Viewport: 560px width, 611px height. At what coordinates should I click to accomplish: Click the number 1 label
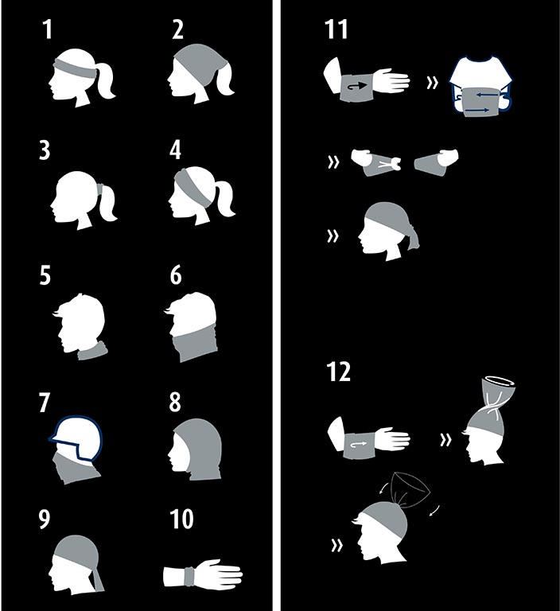47,29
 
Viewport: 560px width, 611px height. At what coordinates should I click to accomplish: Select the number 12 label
338,372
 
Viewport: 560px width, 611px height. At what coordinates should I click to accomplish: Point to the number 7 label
45,402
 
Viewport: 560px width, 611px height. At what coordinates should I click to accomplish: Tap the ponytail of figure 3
108,203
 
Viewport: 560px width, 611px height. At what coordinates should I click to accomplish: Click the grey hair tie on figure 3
100,190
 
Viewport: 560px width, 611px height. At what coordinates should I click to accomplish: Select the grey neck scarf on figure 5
93,351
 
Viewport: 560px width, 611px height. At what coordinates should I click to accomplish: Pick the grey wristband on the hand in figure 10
189,577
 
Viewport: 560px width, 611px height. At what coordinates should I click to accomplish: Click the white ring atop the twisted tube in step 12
499,379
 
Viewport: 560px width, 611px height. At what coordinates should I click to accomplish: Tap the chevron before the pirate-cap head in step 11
332,235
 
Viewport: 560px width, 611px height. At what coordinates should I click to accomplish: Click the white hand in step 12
391,438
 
